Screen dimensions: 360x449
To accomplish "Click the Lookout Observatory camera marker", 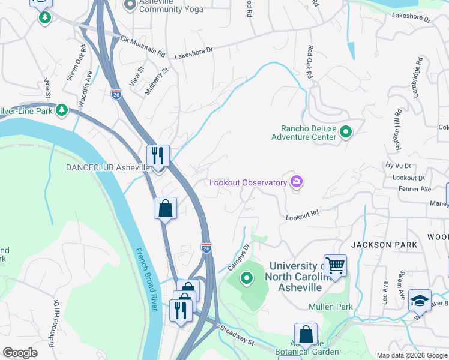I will coord(296,182).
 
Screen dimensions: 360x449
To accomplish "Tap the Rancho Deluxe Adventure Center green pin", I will coord(346,131).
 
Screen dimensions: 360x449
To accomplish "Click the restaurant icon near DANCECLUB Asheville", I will coord(158,156).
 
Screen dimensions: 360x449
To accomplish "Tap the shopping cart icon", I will coord(335,265).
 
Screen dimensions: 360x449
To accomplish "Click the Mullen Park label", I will coord(330,307).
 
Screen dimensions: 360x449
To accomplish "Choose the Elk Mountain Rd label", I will coord(143,46).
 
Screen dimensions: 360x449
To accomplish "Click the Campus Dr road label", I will coord(238,256).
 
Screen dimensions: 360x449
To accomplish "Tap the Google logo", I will coord(20,353).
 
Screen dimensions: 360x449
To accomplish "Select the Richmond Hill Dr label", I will coord(54,325).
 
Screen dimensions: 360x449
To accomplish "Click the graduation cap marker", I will coord(420,300).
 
